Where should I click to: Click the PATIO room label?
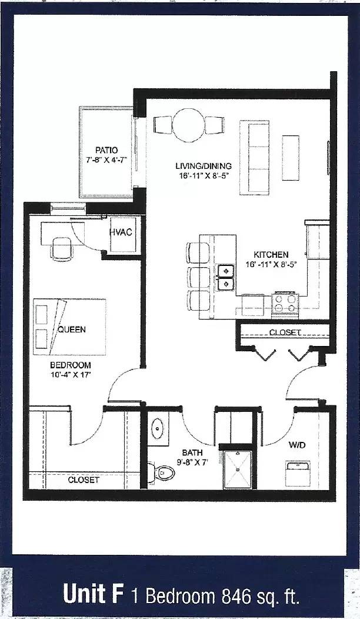[x=107, y=150]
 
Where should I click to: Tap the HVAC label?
[x=121, y=232]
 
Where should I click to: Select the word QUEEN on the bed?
[x=71, y=330]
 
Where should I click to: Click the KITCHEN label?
[x=271, y=255]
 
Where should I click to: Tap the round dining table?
[x=188, y=125]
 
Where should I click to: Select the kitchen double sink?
[x=225, y=277]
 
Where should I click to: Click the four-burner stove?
[x=285, y=304]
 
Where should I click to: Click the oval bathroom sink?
[x=158, y=428]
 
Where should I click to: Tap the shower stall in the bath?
[x=238, y=468]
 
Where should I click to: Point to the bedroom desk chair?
[x=61, y=249]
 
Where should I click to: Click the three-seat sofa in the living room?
[x=255, y=157]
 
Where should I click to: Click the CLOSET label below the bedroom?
[x=84, y=480]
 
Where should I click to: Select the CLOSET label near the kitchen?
[x=285, y=332]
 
